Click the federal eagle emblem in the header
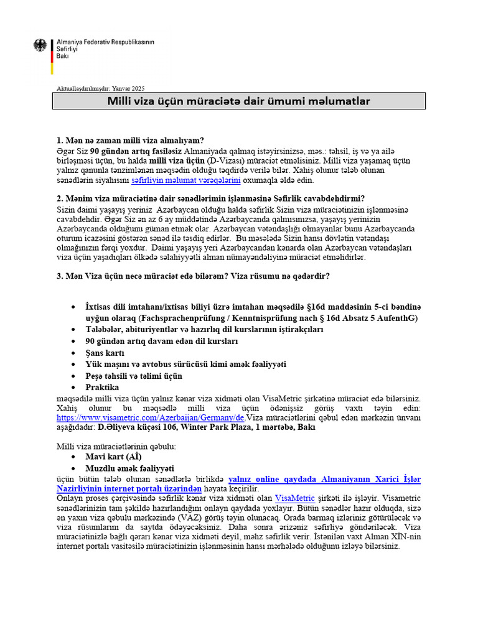tap(40, 45)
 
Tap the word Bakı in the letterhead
tap(63, 56)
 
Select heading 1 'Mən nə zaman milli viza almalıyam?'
tap(131, 140)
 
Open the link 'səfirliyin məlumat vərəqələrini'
tap(186, 180)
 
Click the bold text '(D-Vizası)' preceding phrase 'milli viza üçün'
tap(180, 160)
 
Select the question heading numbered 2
tap(210, 198)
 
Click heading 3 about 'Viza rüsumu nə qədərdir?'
tap(193, 276)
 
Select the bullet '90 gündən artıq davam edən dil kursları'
tap(162, 342)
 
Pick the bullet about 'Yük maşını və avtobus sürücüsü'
tap(186, 364)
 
